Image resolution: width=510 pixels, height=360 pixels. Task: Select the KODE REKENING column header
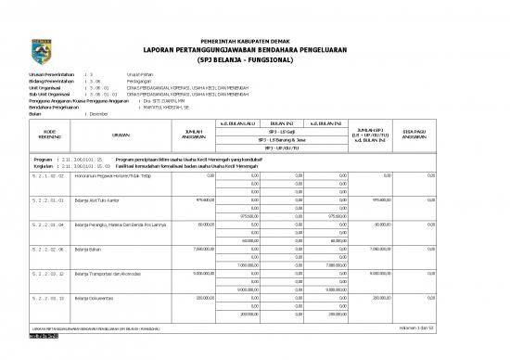coord(44,135)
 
